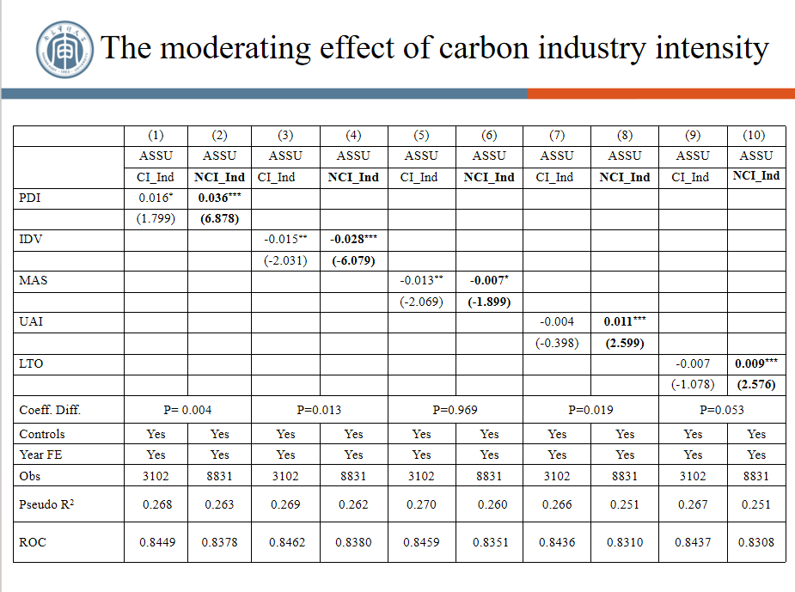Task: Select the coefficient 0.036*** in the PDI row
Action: tap(219, 198)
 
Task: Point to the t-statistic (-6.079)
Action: tap(353, 260)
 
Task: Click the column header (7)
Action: tap(557, 135)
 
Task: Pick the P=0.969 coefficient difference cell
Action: tap(456, 410)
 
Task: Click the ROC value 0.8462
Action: tap(285, 542)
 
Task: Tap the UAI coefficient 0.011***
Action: tap(624, 321)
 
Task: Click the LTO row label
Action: tap(31, 363)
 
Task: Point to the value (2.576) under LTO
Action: tap(756, 384)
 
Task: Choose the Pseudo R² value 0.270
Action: tap(421, 504)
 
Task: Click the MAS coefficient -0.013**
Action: tap(421, 280)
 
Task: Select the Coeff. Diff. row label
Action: tap(49, 410)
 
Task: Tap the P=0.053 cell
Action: tap(726, 410)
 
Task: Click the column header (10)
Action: tap(756, 135)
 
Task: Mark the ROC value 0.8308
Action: tap(756, 542)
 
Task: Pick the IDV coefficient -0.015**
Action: tap(285, 239)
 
